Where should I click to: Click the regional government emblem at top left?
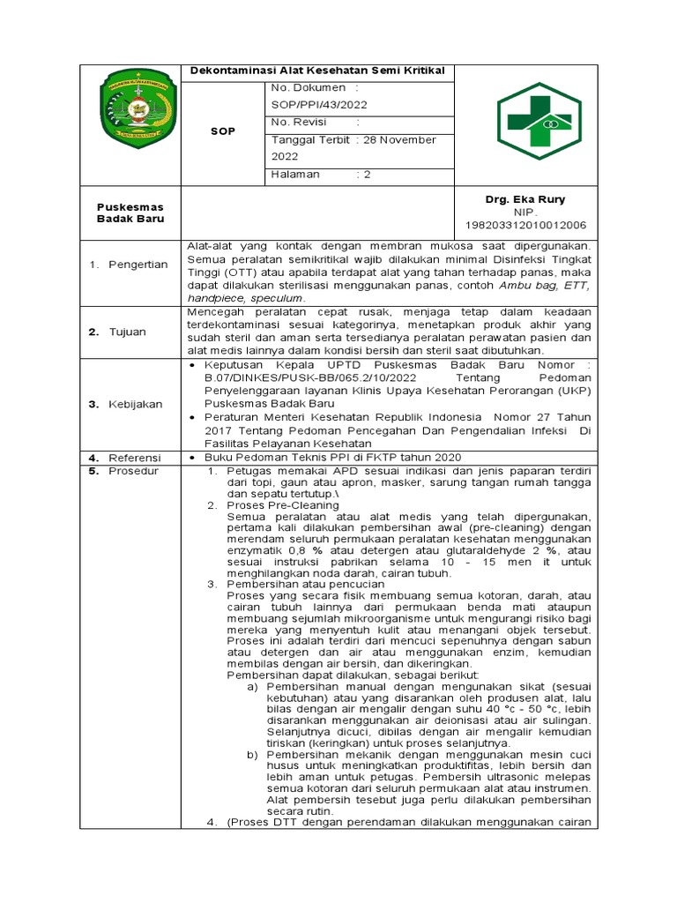tap(135, 112)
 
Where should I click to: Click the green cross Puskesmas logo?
tap(539, 124)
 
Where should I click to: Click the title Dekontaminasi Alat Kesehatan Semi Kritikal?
tap(318, 71)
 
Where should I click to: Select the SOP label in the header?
tap(223, 131)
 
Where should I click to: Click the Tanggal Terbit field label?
tap(311, 139)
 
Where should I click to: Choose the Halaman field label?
tap(295, 174)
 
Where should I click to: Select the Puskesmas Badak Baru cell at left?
tap(130, 213)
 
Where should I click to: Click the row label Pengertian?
tap(138, 265)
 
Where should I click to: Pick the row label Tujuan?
tap(129, 332)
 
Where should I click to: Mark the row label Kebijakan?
tap(136, 404)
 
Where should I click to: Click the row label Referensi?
tap(135, 457)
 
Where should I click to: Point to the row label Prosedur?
tap(133, 470)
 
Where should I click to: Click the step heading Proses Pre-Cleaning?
tap(283, 505)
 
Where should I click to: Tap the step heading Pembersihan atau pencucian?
tap(306, 584)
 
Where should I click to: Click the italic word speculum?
tap(278, 298)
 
